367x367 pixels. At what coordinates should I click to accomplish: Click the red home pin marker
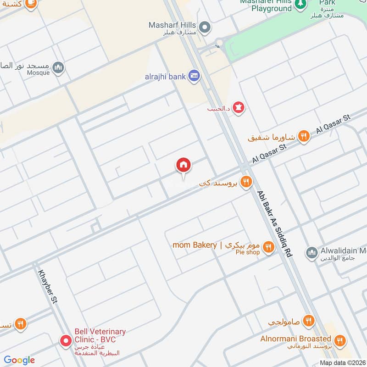coord(183,165)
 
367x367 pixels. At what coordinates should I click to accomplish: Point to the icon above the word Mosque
coord(58,68)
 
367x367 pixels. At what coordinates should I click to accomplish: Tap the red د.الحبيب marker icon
coord(238,108)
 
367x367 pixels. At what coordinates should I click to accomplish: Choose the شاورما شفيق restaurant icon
coord(303,136)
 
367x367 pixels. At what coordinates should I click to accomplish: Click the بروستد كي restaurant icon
coord(246,183)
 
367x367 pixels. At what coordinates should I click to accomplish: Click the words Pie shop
coord(247,252)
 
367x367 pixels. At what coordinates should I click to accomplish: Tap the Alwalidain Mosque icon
coord(311,252)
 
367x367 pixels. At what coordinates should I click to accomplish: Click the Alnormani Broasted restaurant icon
coord(339,340)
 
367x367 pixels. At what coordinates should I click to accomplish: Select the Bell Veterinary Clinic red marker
coord(66,341)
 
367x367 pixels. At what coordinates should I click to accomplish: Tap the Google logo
coord(19,360)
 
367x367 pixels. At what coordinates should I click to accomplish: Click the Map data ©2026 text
coord(342,362)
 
